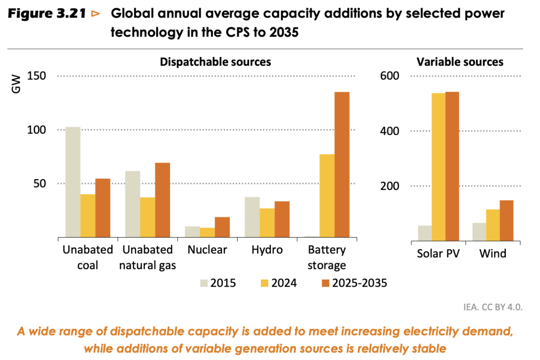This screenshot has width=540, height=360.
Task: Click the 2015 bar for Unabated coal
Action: pyautogui.click(x=73, y=182)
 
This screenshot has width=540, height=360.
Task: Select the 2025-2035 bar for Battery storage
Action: pyautogui.click(x=342, y=164)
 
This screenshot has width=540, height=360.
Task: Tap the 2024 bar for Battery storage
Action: pyautogui.click(x=327, y=195)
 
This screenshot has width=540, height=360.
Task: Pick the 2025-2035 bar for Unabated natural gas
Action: pyautogui.click(x=162, y=200)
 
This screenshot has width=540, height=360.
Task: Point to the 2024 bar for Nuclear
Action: pyautogui.click(x=207, y=232)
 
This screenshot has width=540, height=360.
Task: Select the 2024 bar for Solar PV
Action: pyautogui.click(x=438, y=167)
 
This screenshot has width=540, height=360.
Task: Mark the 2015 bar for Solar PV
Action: pyautogui.click(x=425, y=233)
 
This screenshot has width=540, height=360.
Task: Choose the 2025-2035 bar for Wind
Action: pyautogui.click(x=506, y=220)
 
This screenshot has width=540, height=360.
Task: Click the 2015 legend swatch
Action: pyautogui.click(x=204, y=283)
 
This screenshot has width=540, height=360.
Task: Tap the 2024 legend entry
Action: pyautogui.click(x=276, y=283)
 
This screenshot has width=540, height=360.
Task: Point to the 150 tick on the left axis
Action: pyautogui.click(x=36, y=76)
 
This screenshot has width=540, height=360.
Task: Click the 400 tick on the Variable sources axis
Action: pyautogui.click(x=390, y=131)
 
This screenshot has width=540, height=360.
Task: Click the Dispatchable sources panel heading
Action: pyautogui.click(x=216, y=62)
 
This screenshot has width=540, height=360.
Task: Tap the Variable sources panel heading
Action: pyautogui.click(x=460, y=62)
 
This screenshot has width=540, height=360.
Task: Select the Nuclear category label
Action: pyautogui.click(x=207, y=250)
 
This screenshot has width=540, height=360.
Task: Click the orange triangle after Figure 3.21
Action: pyautogui.click(x=95, y=14)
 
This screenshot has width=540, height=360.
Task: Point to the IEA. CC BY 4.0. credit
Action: pyautogui.click(x=493, y=308)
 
